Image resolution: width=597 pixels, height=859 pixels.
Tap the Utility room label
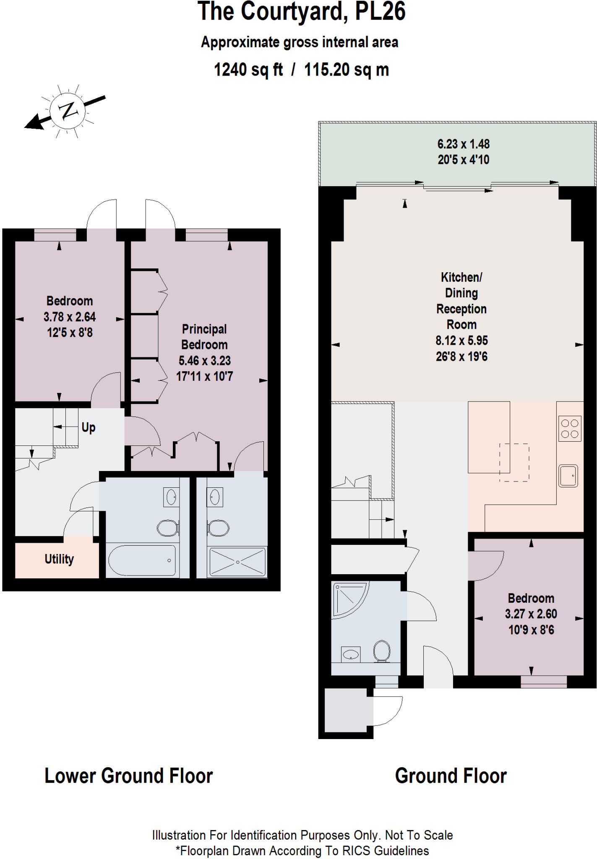tap(59, 559)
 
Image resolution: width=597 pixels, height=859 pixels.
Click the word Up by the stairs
tap(88, 427)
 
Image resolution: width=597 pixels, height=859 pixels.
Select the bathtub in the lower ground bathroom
tap(142, 560)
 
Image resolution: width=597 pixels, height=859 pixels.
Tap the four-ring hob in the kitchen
tap(569, 429)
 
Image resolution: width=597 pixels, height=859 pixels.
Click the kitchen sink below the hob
tap(568, 476)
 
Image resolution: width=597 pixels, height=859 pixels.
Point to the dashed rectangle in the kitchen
tap(514, 462)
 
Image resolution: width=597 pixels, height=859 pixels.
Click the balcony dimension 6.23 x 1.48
tap(463, 144)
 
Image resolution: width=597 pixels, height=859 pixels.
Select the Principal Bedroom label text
tap(204, 337)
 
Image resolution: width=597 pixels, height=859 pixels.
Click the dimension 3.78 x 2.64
tap(70, 317)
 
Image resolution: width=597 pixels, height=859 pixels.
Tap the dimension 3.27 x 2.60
tap(531, 614)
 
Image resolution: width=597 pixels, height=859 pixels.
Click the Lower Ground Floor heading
tap(128, 776)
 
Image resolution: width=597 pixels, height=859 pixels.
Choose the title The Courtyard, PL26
tap(301, 12)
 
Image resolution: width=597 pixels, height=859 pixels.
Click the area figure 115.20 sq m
tap(347, 70)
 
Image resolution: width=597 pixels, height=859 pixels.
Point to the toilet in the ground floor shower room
tap(382, 651)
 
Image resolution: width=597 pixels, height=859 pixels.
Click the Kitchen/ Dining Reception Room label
tap(461, 301)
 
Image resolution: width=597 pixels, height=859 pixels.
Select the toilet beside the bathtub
tap(167, 528)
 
